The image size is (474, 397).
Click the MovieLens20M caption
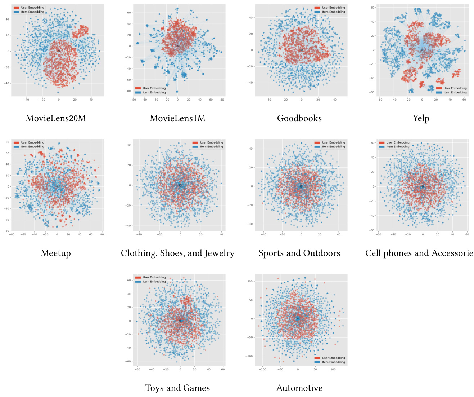pyautogui.click(x=56, y=118)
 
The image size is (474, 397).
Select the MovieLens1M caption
pyautogui.click(x=177, y=118)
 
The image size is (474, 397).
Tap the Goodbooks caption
pyautogui.click(x=299, y=118)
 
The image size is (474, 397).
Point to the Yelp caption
pyautogui.click(x=421, y=118)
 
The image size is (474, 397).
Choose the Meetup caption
pyautogui.click(x=56, y=253)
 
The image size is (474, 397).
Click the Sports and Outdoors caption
pyautogui.click(x=299, y=253)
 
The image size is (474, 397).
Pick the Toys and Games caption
pyautogui.click(x=177, y=388)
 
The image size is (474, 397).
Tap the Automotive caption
pyautogui.click(x=299, y=388)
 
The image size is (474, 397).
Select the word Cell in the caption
pyautogui.click(x=373, y=253)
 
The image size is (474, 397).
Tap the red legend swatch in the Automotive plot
pyautogui.click(x=317, y=358)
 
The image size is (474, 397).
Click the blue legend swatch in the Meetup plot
pyautogui.click(x=16, y=147)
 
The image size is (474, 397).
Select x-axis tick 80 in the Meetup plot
pyautogui.click(x=102, y=234)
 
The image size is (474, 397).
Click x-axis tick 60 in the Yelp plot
pyautogui.click(x=464, y=100)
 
